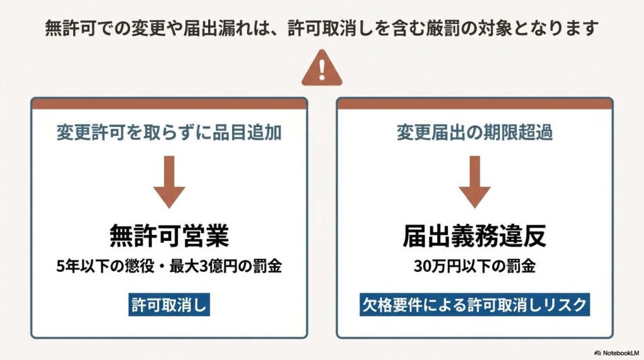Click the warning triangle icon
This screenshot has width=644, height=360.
321,69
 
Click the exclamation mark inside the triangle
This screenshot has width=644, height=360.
322,70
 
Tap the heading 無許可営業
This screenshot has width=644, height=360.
169,236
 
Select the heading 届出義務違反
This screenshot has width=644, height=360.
474,236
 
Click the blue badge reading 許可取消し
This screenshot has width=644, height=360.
169,305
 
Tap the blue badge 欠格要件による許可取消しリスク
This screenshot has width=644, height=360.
474,305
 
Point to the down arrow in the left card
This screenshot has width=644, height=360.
169,182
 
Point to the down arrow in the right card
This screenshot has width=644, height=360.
474,182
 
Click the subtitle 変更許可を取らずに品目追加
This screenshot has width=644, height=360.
169,133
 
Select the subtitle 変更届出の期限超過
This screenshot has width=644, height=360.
474,133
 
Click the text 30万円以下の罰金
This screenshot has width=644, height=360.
474,266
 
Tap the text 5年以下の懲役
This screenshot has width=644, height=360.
105,266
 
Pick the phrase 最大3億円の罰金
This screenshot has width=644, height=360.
226,266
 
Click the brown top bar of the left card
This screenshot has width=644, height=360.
169,104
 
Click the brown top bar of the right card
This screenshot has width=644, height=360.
474,104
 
